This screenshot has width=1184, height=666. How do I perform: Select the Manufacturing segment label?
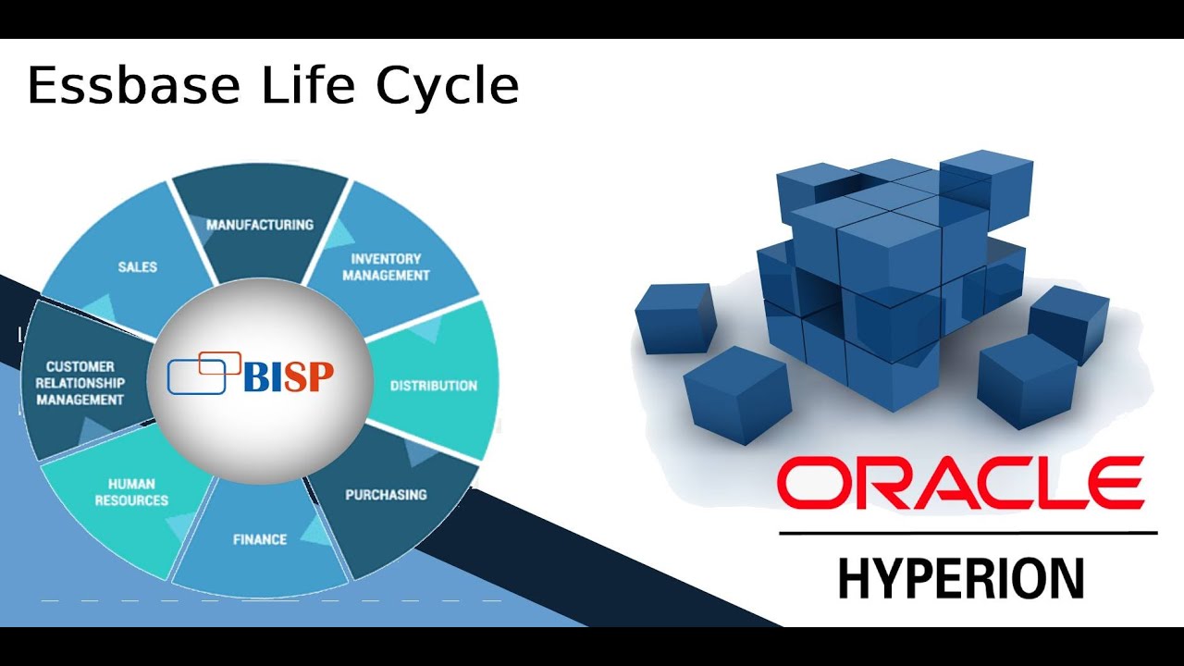tap(260, 225)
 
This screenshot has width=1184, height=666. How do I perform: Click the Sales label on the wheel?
tap(138, 267)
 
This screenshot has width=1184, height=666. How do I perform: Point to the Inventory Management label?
tap(386, 266)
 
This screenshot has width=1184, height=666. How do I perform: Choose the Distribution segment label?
tap(433, 386)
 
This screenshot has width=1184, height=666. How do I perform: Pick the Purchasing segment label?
tap(386, 494)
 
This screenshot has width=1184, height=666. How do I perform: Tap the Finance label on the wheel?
tap(260, 538)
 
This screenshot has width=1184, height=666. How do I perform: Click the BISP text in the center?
tap(288, 376)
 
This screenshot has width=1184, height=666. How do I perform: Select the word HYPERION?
tap(961, 578)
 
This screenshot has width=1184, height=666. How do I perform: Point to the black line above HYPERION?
tap(968, 534)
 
